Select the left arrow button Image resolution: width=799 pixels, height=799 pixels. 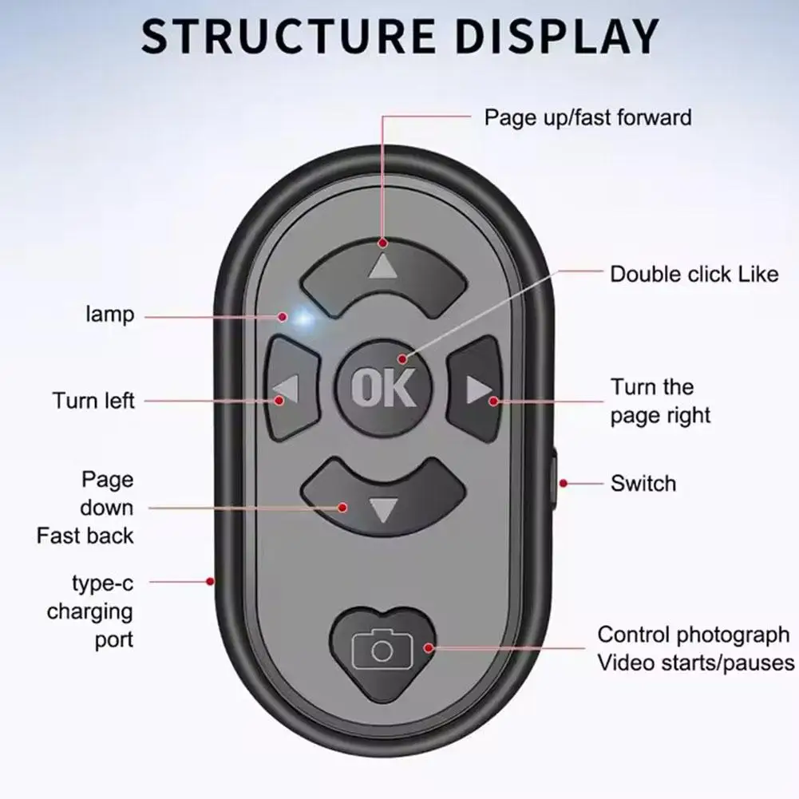click(x=286, y=390)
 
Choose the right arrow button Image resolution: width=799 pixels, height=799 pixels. click(x=477, y=390)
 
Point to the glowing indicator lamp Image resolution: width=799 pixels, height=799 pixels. click(x=302, y=318)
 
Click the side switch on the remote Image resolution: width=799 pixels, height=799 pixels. click(x=556, y=483)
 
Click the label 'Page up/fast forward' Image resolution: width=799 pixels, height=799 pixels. click(x=587, y=118)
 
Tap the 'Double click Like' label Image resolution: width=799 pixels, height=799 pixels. click(x=694, y=275)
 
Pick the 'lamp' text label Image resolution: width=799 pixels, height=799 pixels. click(x=109, y=315)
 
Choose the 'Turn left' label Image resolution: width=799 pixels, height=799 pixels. click(x=93, y=400)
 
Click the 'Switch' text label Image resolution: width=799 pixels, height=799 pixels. click(x=643, y=483)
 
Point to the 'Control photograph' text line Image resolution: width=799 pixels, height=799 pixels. click(x=693, y=635)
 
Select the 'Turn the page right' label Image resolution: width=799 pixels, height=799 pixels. click(x=659, y=401)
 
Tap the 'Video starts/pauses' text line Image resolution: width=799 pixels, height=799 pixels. click(x=696, y=663)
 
